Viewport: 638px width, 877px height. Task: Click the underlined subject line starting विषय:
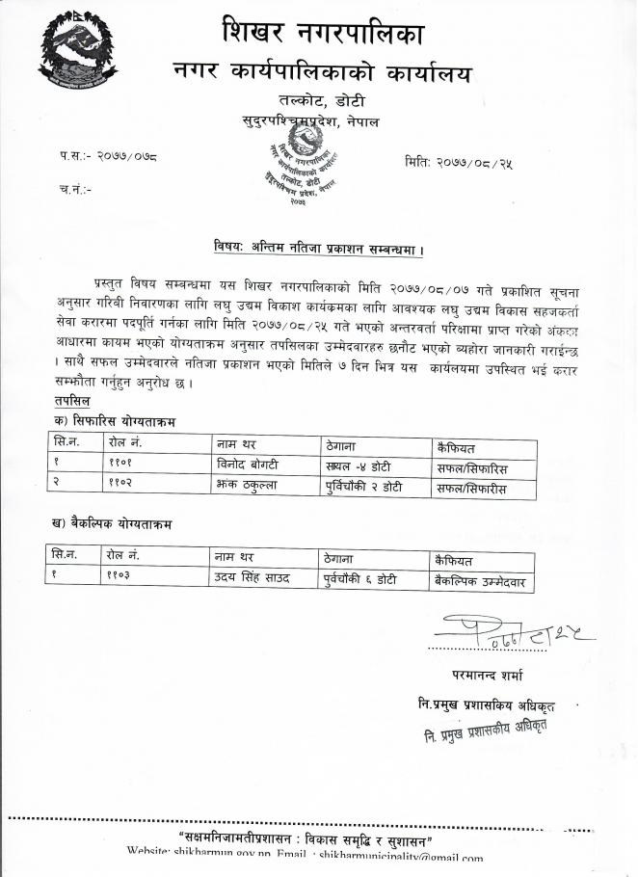tap(319, 248)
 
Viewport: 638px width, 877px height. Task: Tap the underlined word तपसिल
tap(75, 398)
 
